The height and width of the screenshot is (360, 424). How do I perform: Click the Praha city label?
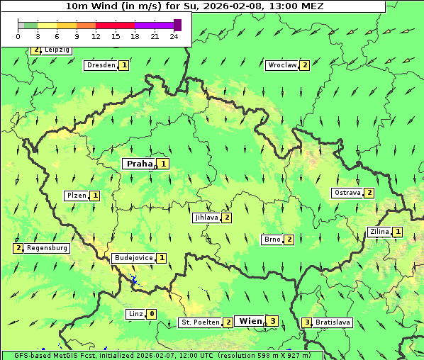[139, 164]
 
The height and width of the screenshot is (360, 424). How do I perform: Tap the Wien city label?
[250, 321]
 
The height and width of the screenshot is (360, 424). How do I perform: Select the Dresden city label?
[101, 65]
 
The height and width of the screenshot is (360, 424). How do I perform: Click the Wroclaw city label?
[282, 65]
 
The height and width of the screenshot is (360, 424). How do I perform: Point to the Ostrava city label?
[347, 193]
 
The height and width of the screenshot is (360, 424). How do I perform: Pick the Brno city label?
[272, 240]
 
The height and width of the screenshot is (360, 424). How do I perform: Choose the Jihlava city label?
[206, 218]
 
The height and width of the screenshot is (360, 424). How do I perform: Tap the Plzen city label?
[76, 196]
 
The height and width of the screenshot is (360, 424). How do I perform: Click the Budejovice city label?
[133, 258]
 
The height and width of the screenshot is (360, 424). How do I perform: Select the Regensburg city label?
[48, 248]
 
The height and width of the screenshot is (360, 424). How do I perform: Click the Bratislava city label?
[333, 322]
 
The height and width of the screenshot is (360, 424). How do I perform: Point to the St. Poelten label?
[200, 323]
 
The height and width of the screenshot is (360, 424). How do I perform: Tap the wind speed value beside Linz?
[152, 314]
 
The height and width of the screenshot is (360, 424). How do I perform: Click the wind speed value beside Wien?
[273, 321]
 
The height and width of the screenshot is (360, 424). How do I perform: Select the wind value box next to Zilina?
[398, 232]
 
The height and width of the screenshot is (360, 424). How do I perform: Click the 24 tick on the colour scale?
[174, 36]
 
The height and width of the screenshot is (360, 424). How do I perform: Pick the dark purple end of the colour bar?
[177, 25]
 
